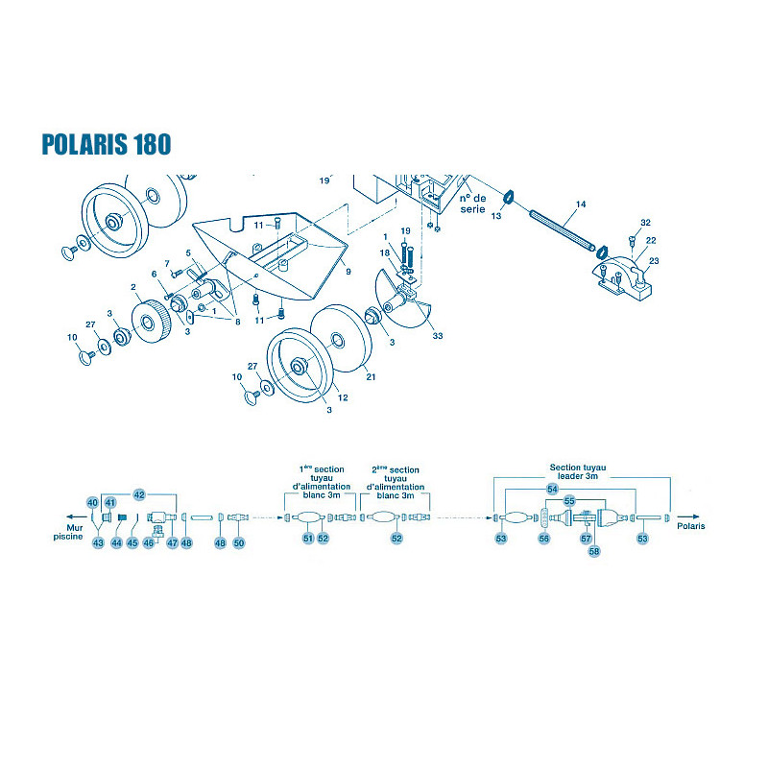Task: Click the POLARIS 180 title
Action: click(107, 144)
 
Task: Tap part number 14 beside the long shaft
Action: click(581, 204)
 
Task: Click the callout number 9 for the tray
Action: click(348, 272)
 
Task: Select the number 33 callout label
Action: click(438, 335)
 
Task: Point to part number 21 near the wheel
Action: click(371, 376)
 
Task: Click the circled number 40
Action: click(92, 502)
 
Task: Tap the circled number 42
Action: click(139, 494)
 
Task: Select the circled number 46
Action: click(149, 542)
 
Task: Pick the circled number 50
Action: click(238, 542)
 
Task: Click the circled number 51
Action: click(307, 539)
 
